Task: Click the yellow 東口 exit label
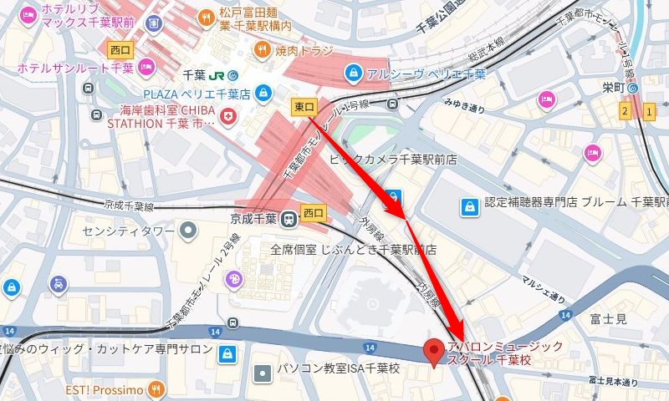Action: coord(304,106)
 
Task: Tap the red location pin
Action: coord(433,353)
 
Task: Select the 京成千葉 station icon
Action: coord(289,219)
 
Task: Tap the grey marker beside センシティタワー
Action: coord(190,227)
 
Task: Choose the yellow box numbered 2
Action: coord(625,110)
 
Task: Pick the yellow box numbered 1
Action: coord(650,110)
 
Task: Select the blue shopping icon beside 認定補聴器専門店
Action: coord(470,204)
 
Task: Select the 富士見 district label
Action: coord(607,318)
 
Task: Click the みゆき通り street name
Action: coord(464,106)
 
